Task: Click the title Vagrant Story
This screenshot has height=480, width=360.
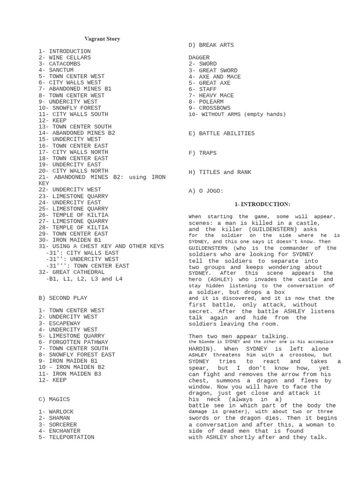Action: (102, 39)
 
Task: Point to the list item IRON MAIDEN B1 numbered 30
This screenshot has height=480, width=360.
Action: (70, 240)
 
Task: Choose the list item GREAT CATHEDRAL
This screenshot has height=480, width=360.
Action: (73, 272)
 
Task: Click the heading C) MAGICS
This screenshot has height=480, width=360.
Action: (54, 399)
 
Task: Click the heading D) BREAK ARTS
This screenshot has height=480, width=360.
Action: (211, 45)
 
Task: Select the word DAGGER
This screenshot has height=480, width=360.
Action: (199, 58)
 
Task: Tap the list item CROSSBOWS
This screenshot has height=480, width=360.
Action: (210, 108)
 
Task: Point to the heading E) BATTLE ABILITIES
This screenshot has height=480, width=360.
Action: (222, 134)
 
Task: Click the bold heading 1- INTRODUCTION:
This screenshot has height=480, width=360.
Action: (262, 204)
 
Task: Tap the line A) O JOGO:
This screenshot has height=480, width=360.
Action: (206, 191)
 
